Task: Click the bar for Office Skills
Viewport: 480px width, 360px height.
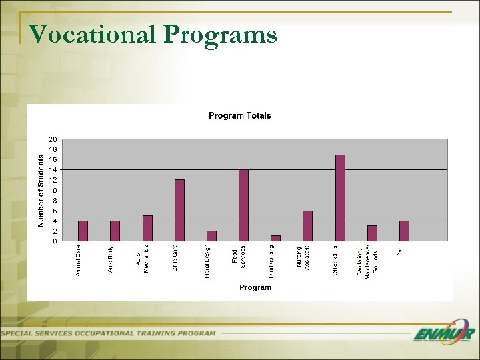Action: [340, 198]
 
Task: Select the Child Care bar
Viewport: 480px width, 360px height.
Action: [179, 210]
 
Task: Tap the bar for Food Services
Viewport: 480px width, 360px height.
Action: [243, 205]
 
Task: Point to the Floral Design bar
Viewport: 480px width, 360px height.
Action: [211, 236]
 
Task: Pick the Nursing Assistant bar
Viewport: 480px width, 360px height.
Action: [307, 226]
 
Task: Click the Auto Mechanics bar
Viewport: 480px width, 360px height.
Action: [147, 228]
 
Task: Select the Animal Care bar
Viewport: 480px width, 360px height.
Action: [83, 231]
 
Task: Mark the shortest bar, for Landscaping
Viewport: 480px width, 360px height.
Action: [275, 238]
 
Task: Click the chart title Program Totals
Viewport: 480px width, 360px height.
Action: [240, 116]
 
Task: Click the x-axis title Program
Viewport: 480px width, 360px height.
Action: [255, 287]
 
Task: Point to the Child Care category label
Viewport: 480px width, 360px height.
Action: [175, 259]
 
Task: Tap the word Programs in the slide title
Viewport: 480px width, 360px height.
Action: [219, 34]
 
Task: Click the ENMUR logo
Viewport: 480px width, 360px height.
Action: [443, 334]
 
